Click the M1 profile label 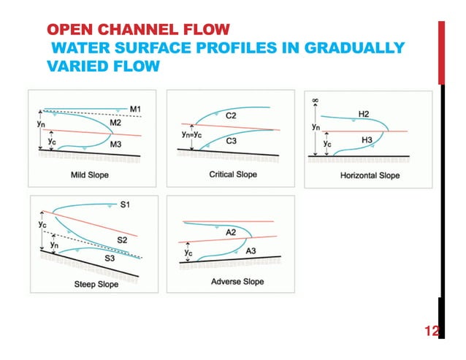point(136,110)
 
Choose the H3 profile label point(364,139)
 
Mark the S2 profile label point(123,240)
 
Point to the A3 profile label point(251,250)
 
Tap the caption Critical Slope point(233,175)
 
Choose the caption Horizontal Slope point(370,175)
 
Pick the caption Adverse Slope point(237,282)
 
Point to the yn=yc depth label point(193,135)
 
